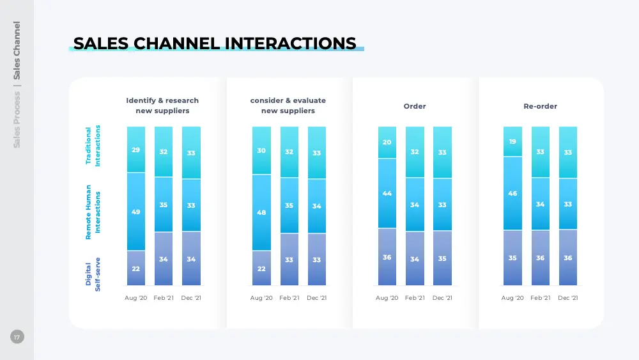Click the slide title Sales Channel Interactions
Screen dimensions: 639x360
point(215,43)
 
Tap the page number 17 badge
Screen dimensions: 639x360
point(17,337)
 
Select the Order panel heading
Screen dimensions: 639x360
point(415,106)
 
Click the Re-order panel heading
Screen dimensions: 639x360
point(540,106)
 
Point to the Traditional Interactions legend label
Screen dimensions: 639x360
point(93,146)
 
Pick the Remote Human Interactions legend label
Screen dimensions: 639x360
point(93,212)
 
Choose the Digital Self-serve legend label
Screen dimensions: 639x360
point(93,274)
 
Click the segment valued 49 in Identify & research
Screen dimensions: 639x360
point(136,212)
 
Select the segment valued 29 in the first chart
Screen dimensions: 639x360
point(136,150)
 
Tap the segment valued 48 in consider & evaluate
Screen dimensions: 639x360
point(261,212)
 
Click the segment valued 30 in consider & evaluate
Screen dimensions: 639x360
point(261,150)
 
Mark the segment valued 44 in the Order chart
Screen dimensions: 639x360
point(387,193)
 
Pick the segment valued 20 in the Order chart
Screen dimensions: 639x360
point(387,143)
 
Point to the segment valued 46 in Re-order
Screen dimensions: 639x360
point(512,193)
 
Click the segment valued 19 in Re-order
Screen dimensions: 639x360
point(512,141)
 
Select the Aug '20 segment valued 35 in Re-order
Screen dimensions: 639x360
point(512,258)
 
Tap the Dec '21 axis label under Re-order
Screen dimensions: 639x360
point(567,297)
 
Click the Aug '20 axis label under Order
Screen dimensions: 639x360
point(387,297)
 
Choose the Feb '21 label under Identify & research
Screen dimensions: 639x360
point(164,297)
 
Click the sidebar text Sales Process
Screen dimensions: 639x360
point(17,120)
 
